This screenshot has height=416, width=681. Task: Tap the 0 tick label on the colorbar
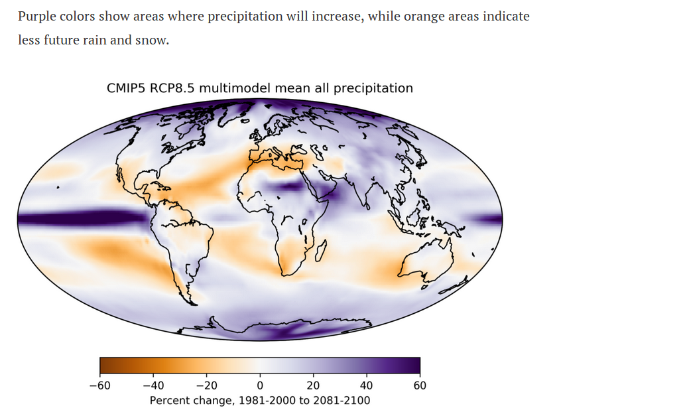point(260,385)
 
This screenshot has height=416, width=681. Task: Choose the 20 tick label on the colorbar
point(314,385)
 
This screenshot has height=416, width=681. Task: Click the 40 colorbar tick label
point(367,385)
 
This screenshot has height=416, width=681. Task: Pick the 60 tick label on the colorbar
point(420,385)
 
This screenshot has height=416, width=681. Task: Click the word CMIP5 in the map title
point(127,88)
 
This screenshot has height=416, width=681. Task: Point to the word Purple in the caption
point(38,17)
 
